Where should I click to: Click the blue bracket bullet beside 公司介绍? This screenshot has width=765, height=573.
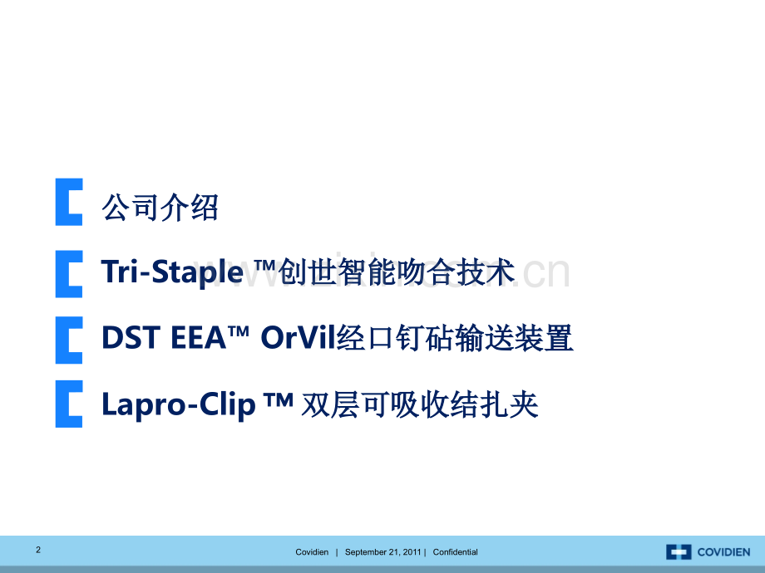(x=68, y=202)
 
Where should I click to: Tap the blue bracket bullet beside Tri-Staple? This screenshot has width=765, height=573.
(x=68, y=273)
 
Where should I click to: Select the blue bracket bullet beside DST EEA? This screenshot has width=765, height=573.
(x=68, y=338)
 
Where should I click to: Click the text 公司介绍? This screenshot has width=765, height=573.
(x=160, y=207)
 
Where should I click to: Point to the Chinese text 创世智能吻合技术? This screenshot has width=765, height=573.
(x=397, y=272)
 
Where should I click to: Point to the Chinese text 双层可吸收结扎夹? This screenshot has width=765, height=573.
(x=420, y=404)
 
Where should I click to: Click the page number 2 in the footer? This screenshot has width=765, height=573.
(x=38, y=550)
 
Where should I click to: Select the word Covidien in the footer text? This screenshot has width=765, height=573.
(x=312, y=552)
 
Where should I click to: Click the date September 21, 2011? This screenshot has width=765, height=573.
(x=383, y=552)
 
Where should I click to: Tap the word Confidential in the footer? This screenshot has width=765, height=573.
(x=455, y=552)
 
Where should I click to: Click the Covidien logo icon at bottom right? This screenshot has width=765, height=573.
(x=679, y=552)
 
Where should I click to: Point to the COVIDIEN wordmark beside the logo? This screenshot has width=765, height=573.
(x=723, y=552)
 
